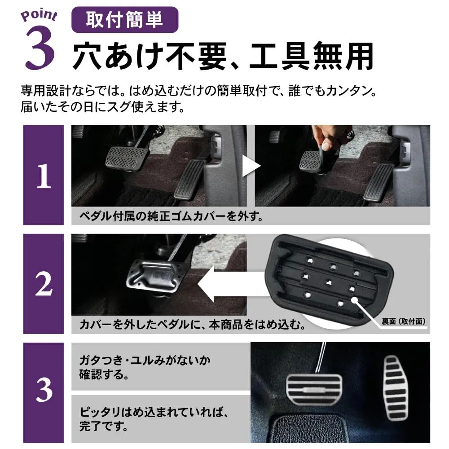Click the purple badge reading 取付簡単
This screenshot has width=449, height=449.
coord(125,20)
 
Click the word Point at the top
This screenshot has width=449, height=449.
coord(39,15)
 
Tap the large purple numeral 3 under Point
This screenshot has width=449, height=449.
coord(40,48)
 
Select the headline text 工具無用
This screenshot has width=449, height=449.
coord(312,56)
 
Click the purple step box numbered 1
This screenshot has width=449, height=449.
coord(44,175)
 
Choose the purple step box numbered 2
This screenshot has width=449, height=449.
coord(44,284)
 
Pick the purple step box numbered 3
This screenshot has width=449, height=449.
coord(44,392)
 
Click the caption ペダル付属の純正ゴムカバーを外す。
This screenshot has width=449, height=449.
coord(171,216)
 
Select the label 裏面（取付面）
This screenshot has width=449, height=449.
coord(404,321)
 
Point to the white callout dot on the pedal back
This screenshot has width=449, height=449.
coord(355,299)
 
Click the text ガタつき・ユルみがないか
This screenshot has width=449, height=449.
coord(145,360)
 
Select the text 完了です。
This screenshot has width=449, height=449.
coord(104,426)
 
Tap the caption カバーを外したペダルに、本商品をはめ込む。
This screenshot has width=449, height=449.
coord(193,325)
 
